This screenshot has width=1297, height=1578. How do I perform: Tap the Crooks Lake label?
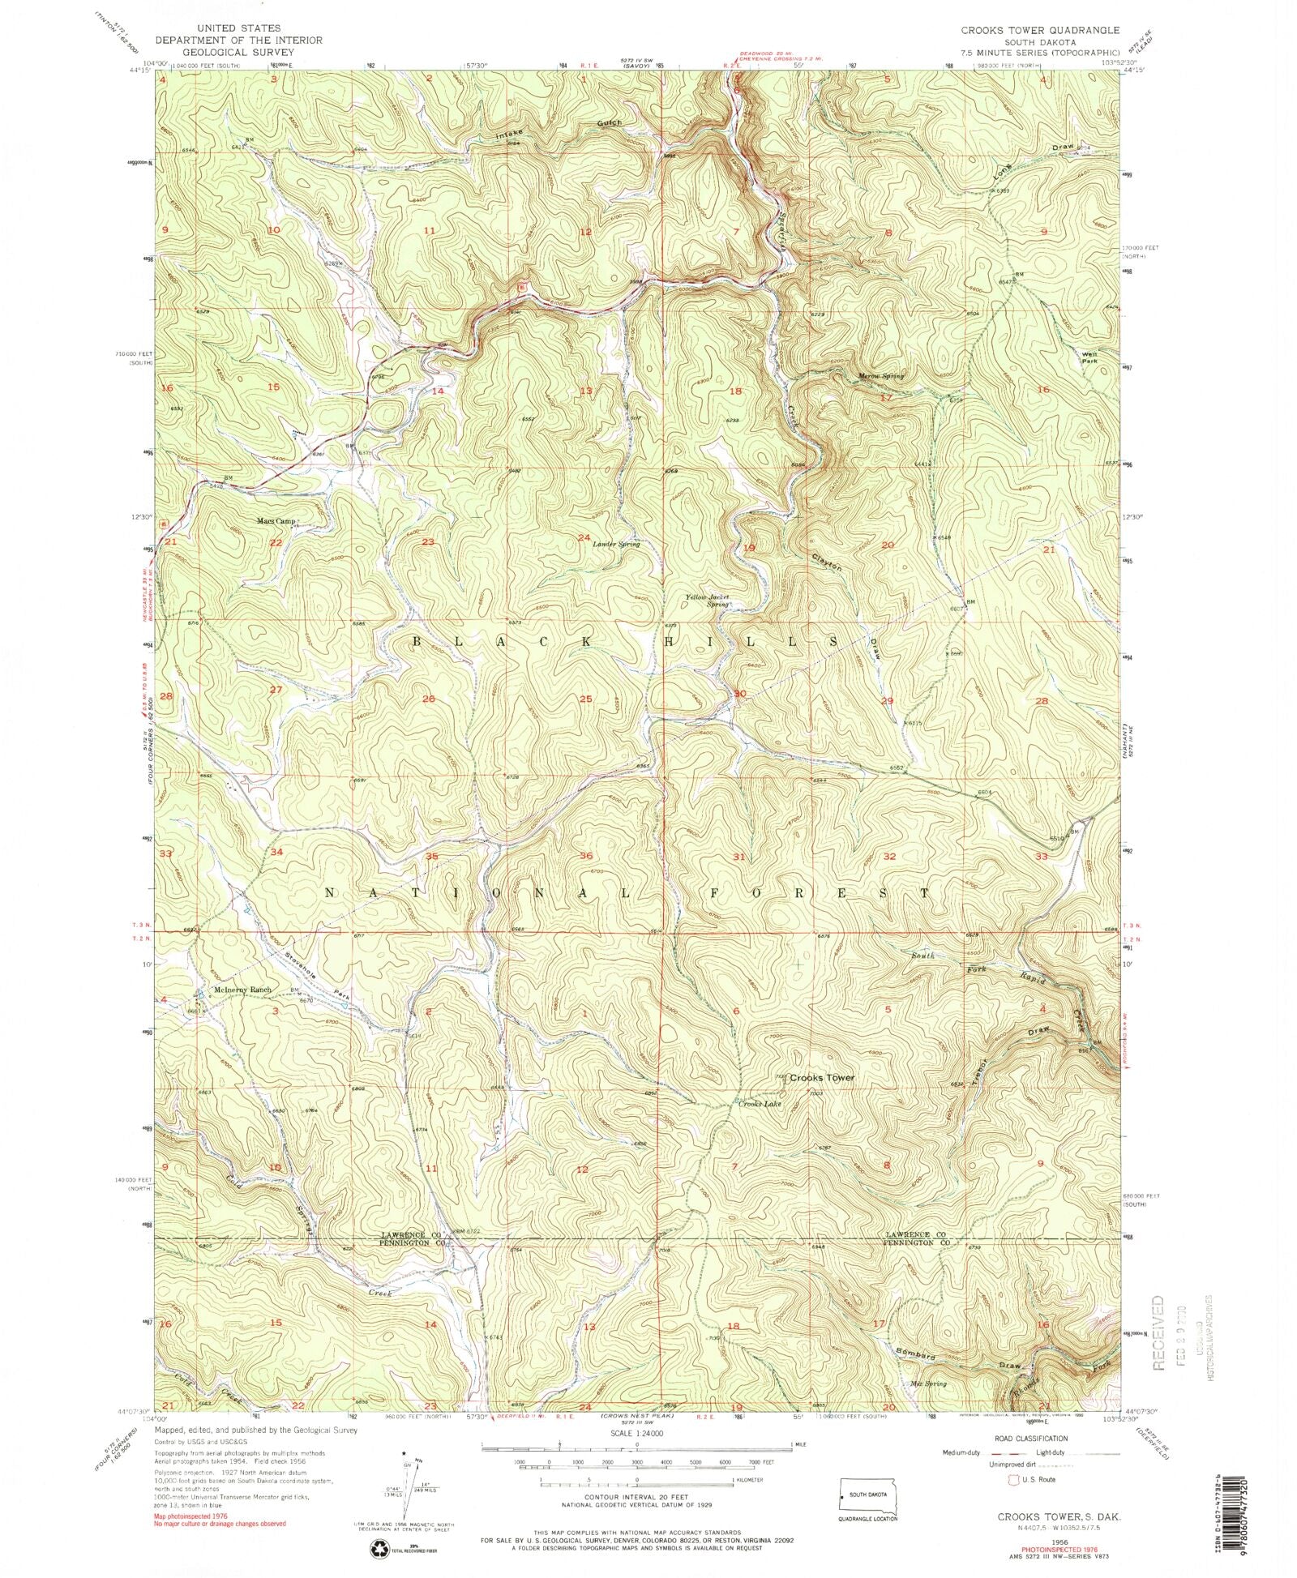tap(760, 1103)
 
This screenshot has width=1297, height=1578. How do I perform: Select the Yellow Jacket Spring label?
tap(708, 601)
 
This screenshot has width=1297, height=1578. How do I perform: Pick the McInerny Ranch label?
tap(242, 990)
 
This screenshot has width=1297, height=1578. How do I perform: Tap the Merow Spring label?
tap(880, 376)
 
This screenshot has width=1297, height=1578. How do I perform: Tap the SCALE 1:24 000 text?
tap(636, 1433)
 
